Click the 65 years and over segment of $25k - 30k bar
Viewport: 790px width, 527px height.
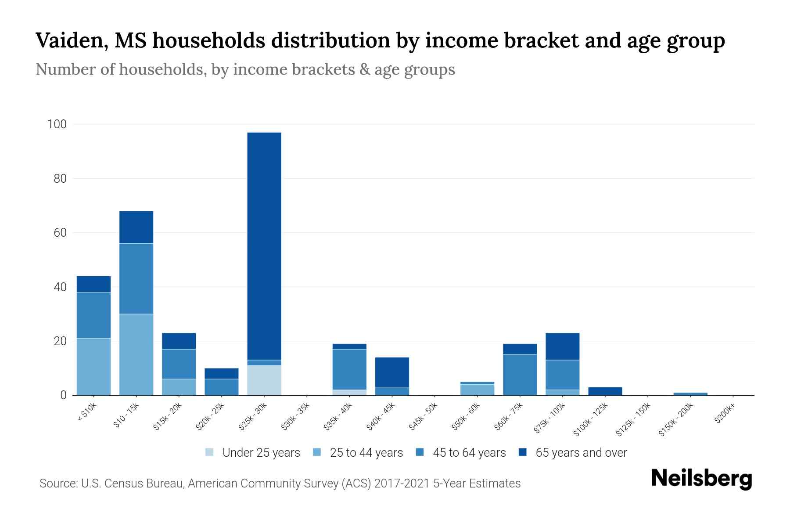pyautogui.click(x=264, y=246)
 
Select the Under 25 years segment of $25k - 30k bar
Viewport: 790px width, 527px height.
pyautogui.click(x=264, y=380)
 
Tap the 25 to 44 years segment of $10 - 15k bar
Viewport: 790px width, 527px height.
pyautogui.click(x=136, y=354)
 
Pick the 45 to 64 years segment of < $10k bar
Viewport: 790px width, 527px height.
pyautogui.click(x=93, y=315)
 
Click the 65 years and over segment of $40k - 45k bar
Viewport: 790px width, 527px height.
pyautogui.click(x=392, y=372)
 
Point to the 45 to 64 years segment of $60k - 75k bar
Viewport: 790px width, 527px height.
pyautogui.click(x=520, y=375)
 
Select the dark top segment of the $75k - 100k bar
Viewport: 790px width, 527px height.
pyautogui.click(x=562, y=347)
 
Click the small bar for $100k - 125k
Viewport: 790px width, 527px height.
pyautogui.click(x=605, y=391)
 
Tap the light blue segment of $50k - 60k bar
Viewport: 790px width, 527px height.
pyautogui.click(x=477, y=390)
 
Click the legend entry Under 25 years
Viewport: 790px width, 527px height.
pyautogui.click(x=261, y=453)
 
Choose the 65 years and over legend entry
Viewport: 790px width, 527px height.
pyautogui.click(x=581, y=453)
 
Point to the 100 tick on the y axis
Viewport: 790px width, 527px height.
pyautogui.click(x=57, y=124)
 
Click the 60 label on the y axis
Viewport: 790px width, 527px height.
pyautogui.click(x=60, y=233)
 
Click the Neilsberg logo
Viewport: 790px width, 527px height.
pyautogui.click(x=702, y=479)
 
